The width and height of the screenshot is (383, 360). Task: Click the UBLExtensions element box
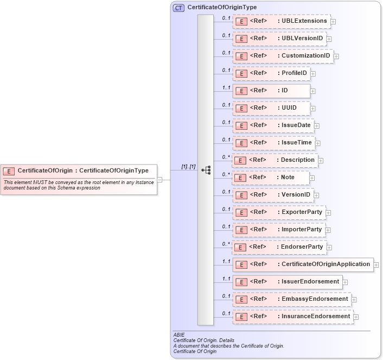pos(281,21)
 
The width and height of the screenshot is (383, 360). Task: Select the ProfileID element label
pos(294,73)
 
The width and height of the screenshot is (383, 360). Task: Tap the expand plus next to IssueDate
pos(317,126)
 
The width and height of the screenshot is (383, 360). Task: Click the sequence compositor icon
pos(206,170)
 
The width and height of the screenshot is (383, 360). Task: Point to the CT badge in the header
pos(179,8)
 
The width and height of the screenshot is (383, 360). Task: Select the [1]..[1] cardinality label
pos(188,166)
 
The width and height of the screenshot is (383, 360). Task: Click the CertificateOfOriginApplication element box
pos(303,264)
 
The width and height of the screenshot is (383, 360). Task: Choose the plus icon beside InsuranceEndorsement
pos(356,317)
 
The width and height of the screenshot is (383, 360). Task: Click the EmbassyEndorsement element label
pos(315,299)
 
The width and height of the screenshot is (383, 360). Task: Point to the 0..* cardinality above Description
pos(226,156)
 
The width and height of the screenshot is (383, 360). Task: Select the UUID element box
pos(271,108)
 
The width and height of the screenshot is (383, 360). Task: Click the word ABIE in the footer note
pos(179,335)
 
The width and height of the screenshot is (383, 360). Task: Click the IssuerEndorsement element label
pos(310,282)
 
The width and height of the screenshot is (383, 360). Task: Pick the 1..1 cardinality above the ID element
pos(226,87)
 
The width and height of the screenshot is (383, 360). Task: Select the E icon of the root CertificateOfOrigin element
pos(9,170)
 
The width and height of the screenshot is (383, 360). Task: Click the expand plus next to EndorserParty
pos(329,248)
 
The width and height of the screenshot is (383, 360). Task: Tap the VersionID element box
pos(273,195)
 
